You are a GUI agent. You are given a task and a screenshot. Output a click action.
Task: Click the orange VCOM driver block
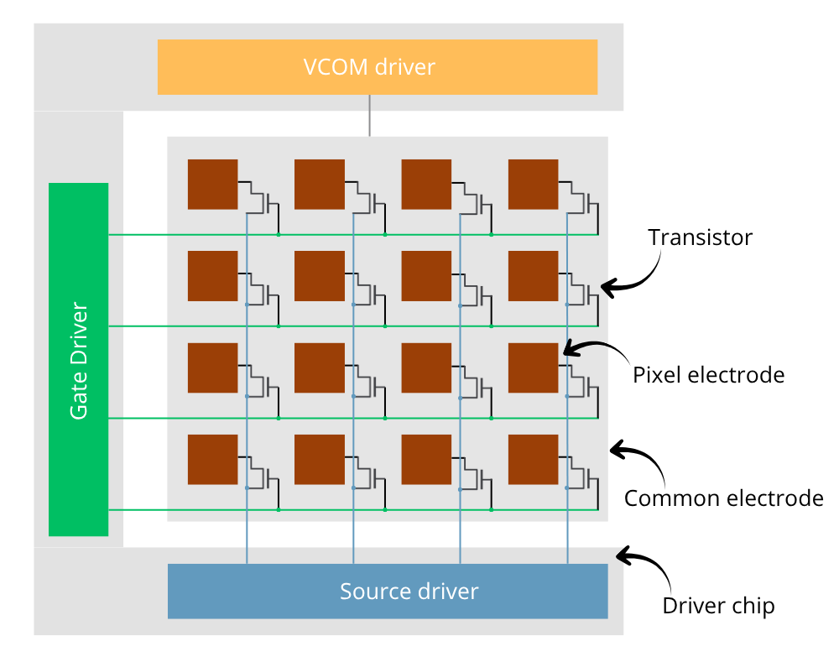pos(377,66)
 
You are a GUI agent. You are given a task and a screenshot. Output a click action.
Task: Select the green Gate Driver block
pos(78,359)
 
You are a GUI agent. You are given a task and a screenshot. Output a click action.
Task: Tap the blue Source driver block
pos(388,591)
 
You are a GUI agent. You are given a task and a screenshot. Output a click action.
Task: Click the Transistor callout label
pos(701,237)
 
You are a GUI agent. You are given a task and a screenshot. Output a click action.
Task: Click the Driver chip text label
pos(718,606)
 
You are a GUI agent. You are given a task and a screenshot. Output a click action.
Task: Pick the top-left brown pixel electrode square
pos(212,184)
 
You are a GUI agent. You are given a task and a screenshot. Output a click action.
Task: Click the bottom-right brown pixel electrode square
pos(533,459)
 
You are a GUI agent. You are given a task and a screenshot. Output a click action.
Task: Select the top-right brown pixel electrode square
pos(533,184)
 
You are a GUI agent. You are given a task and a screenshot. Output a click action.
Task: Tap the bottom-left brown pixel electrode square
pos(212,459)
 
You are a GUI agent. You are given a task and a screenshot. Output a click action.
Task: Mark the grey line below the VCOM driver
pos(369,116)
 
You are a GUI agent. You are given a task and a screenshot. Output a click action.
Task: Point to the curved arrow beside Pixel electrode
pos(597,348)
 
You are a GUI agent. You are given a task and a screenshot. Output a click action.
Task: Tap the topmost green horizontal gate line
pos(168,235)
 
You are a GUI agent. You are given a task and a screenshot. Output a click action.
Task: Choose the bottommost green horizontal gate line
pos(168,509)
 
